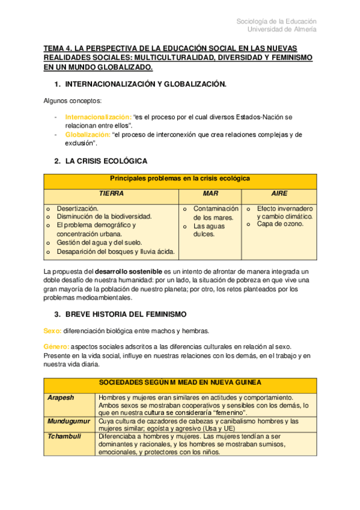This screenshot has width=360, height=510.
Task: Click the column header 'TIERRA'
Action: [x=111, y=194]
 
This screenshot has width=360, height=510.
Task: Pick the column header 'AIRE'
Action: [x=279, y=194]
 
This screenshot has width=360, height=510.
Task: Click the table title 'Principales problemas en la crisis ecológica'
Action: [x=180, y=179]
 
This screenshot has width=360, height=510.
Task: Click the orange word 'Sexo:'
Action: [x=52, y=331]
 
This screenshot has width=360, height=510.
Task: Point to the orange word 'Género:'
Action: [x=56, y=346]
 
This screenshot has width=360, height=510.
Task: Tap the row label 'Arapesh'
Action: [x=61, y=398]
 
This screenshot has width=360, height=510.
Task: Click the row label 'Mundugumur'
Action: [x=68, y=422]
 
